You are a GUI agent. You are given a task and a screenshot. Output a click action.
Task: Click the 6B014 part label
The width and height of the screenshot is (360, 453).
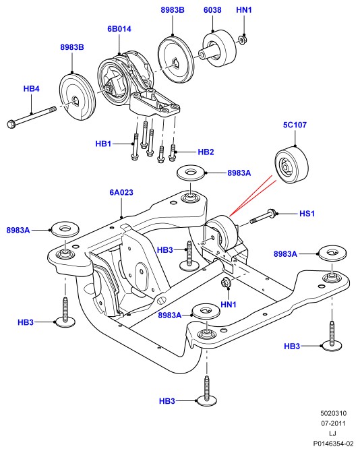[119, 29]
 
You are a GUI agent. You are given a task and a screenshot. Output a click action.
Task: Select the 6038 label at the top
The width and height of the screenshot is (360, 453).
[212, 10]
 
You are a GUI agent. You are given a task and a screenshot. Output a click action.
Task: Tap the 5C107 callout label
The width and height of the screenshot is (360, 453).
[295, 125]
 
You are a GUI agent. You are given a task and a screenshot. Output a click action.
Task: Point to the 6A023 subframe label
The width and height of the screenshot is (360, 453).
[121, 192]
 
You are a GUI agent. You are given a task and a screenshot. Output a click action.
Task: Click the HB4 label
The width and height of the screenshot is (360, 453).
[31, 89]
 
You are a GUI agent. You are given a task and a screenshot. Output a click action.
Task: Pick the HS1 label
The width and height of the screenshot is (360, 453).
[307, 214]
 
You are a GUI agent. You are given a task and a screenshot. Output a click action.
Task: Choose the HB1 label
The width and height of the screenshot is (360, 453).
[103, 144]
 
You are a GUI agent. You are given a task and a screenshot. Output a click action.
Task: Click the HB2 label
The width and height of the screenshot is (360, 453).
[206, 152]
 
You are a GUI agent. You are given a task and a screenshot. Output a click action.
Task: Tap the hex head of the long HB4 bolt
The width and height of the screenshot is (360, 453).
[11, 124]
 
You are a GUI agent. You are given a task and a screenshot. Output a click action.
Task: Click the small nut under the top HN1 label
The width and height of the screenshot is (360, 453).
[242, 38]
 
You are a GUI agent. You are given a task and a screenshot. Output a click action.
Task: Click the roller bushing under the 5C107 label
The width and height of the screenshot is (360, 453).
[291, 165]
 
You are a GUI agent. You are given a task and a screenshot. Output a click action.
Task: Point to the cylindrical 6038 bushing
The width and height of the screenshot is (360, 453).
[218, 48]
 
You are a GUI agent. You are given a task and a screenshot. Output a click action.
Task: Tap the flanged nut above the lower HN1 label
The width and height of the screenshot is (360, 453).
[225, 282]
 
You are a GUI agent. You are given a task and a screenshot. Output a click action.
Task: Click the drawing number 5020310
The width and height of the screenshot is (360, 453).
[333, 413]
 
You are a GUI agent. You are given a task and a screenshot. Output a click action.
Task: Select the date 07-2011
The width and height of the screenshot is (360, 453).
[333, 423]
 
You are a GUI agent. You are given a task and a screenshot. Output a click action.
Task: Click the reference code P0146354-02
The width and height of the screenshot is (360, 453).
[333, 444]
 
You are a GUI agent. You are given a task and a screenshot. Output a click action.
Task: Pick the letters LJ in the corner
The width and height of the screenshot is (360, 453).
[332, 433]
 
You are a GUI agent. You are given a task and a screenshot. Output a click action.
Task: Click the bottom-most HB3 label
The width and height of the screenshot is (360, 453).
[167, 401]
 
